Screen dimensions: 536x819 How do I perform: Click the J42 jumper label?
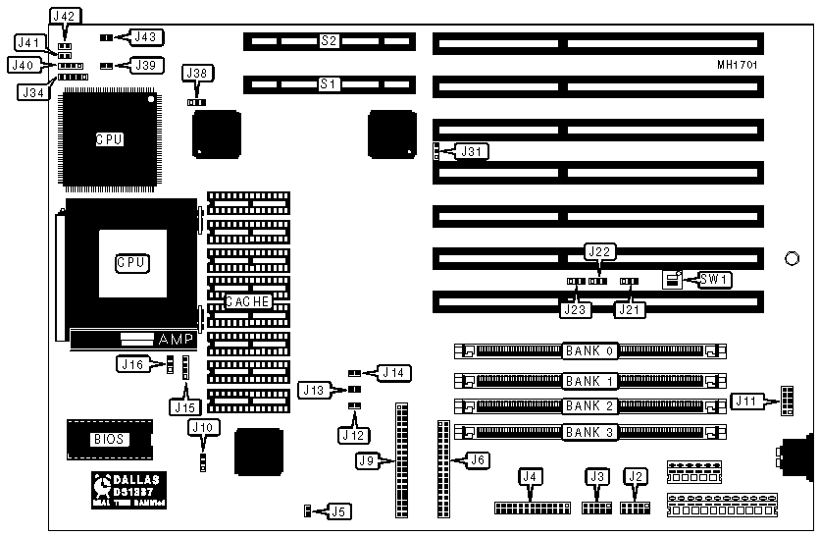click(66, 17)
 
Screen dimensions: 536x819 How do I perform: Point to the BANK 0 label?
click(589, 350)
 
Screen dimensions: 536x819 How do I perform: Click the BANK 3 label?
click(589, 432)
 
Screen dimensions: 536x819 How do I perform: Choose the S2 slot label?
click(329, 41)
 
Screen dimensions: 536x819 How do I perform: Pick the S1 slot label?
click(329, 84)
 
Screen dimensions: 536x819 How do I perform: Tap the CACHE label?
click(248, 301)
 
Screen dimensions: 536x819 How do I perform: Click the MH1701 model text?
click(737, 65)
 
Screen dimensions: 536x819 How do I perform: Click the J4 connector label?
click(532, 477)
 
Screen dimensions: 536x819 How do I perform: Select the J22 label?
click(598, 251)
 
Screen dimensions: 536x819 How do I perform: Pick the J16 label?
click(130, 364)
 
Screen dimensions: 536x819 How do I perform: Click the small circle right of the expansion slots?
click(792, 259)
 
